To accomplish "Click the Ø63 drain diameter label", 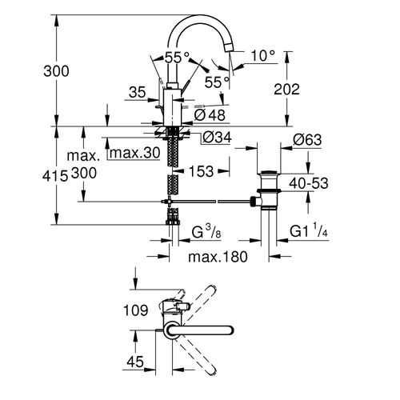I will [307, 139].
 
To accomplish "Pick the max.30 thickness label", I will [136, 153].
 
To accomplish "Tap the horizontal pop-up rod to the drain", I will [216, 200].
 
